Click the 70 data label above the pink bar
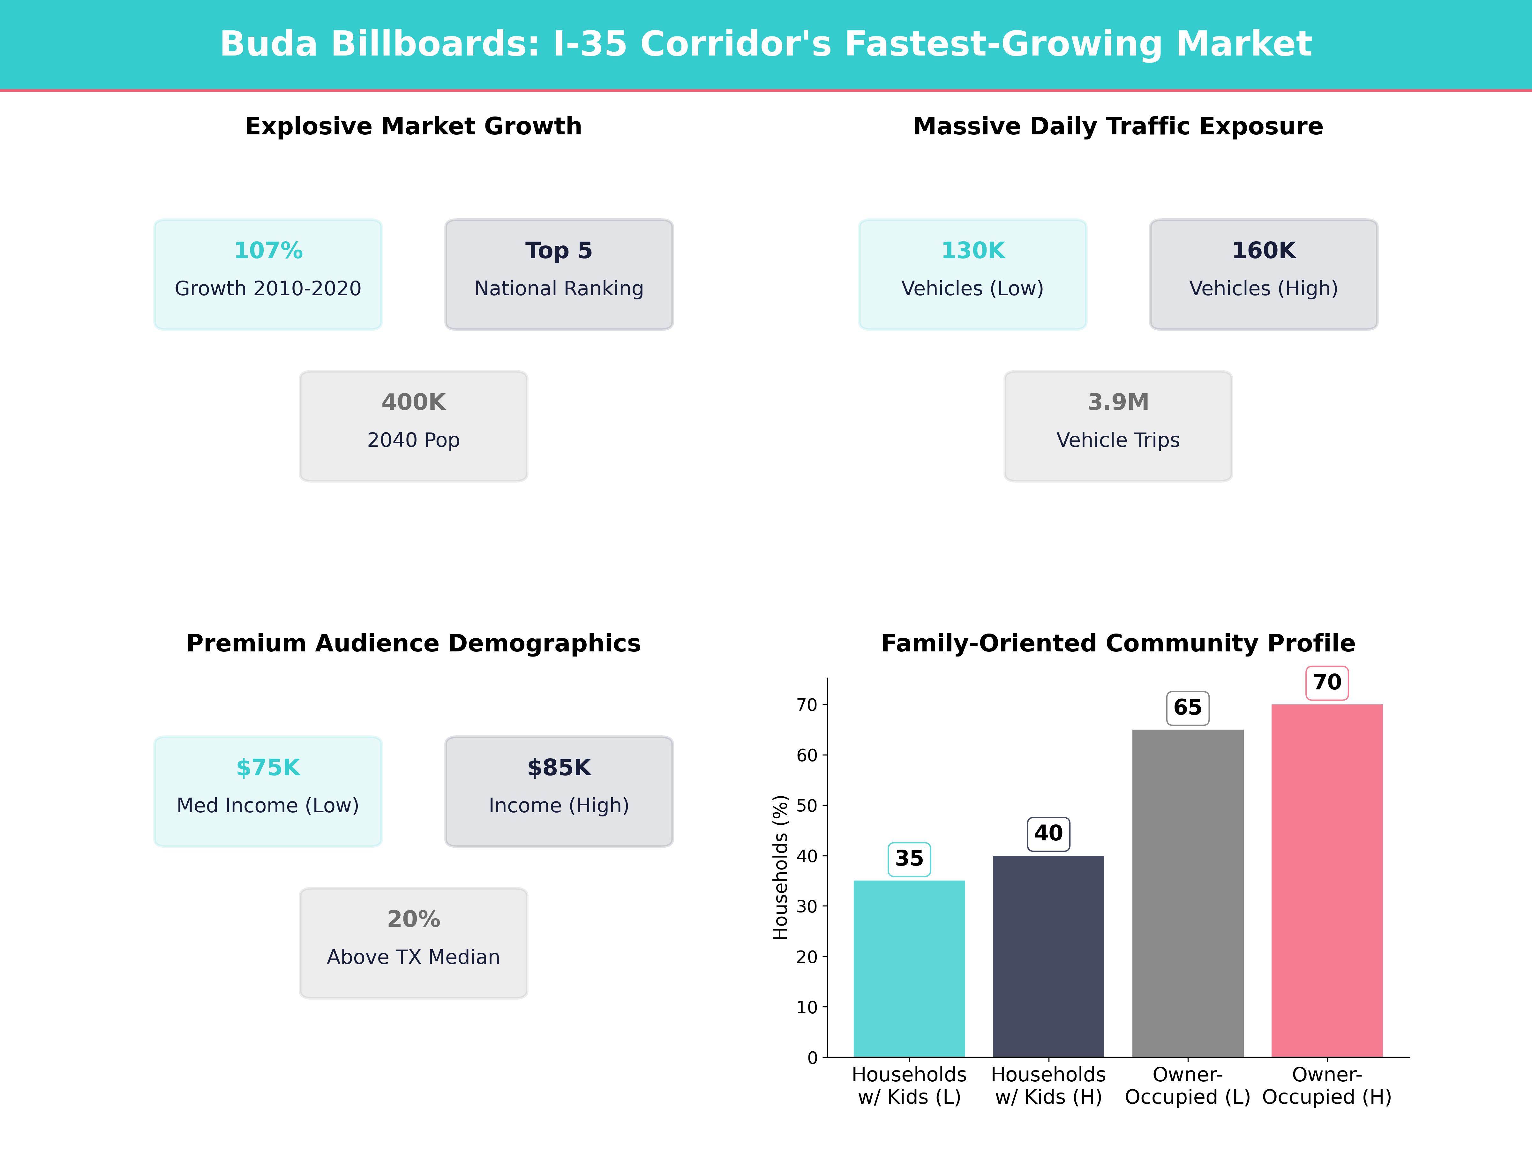[x=1327, y=682]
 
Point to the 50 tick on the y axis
[x=807, y=806]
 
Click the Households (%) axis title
[x=781, y=867]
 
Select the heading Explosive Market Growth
[x=413, y=126]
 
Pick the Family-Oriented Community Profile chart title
[x=1118, y=643]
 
